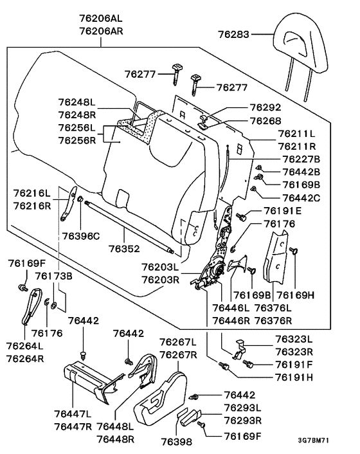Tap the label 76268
pyautogui.click(x=265, y=121)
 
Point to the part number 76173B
pyautogui.click(x=54, y=276)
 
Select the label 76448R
pyautogui.click(x=115, y=438)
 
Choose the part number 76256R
pyautogui.click(x=76, y=139)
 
